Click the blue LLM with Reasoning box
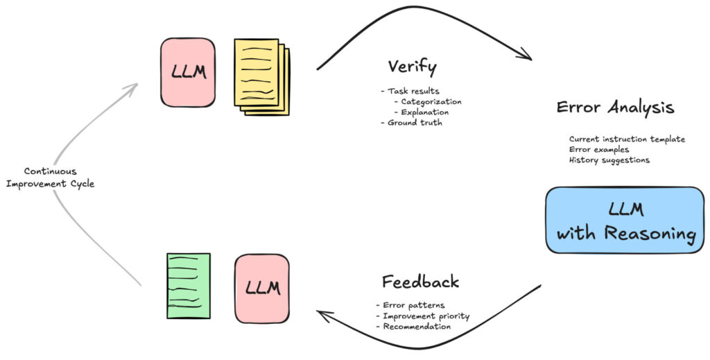(625, 220)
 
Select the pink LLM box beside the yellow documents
(188, 72)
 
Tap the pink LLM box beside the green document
(262, 289)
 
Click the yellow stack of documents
(261, 76)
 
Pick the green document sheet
(189, 286)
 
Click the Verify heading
(413, 67)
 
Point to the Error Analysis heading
(616, 108)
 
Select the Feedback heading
(421, 282)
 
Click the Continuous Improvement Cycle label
(50, 178)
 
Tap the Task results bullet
(410, 91)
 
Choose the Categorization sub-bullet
(428, 102)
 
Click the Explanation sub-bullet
(422, 112)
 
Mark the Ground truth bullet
(411, 123)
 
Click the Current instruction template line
(627, 139)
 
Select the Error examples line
(599, 149)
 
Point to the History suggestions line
(609, 160)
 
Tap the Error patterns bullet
(410, 305)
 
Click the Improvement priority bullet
(422, 316)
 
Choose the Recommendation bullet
(413, 327)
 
